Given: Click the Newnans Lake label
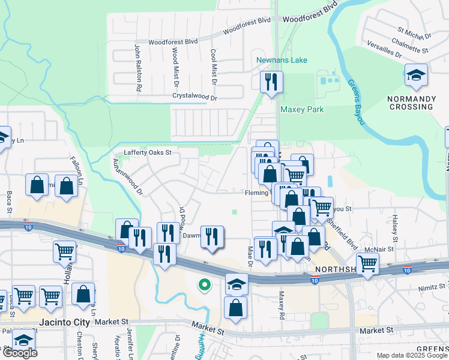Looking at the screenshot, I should click(x=282, y=60).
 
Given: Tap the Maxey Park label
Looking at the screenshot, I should click(x=302, y=109).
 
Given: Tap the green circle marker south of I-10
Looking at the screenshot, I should click(x=205, y=285).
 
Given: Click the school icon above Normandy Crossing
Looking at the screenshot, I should click(x=416, y=76).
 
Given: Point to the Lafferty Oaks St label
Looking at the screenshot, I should click(x=148, y=152).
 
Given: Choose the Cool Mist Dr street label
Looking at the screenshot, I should click(x=213, y=66).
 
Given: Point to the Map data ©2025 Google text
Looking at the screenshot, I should click(x=411, y=356).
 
